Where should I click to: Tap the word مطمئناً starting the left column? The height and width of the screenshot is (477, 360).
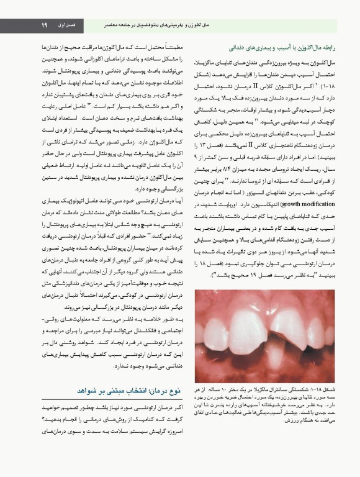(x=167, y=47)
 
